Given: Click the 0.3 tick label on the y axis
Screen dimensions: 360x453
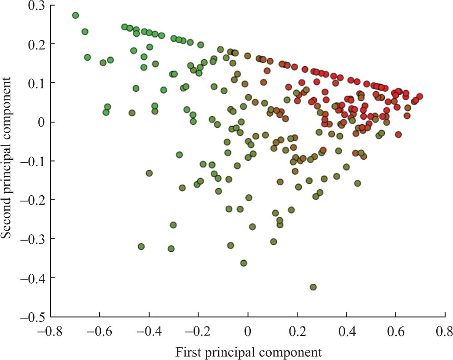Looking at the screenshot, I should [33, 5].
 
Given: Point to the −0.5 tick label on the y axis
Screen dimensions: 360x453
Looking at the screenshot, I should [30, 316].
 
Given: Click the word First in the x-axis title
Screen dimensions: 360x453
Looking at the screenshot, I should [188, 352].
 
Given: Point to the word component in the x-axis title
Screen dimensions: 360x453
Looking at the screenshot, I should [295, 352].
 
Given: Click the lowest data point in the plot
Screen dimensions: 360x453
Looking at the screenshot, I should [313, 287].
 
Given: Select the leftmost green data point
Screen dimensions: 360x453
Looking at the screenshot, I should [75, 15].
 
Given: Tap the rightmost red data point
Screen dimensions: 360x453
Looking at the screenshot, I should [419, 96].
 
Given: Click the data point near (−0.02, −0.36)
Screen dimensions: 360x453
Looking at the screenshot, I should [244, 263].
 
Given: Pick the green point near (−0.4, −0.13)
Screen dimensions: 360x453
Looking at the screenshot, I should [149, 173].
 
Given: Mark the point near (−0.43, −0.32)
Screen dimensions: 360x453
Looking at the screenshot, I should [141, 247].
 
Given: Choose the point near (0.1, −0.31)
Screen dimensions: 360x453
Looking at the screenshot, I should [274, 242].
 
